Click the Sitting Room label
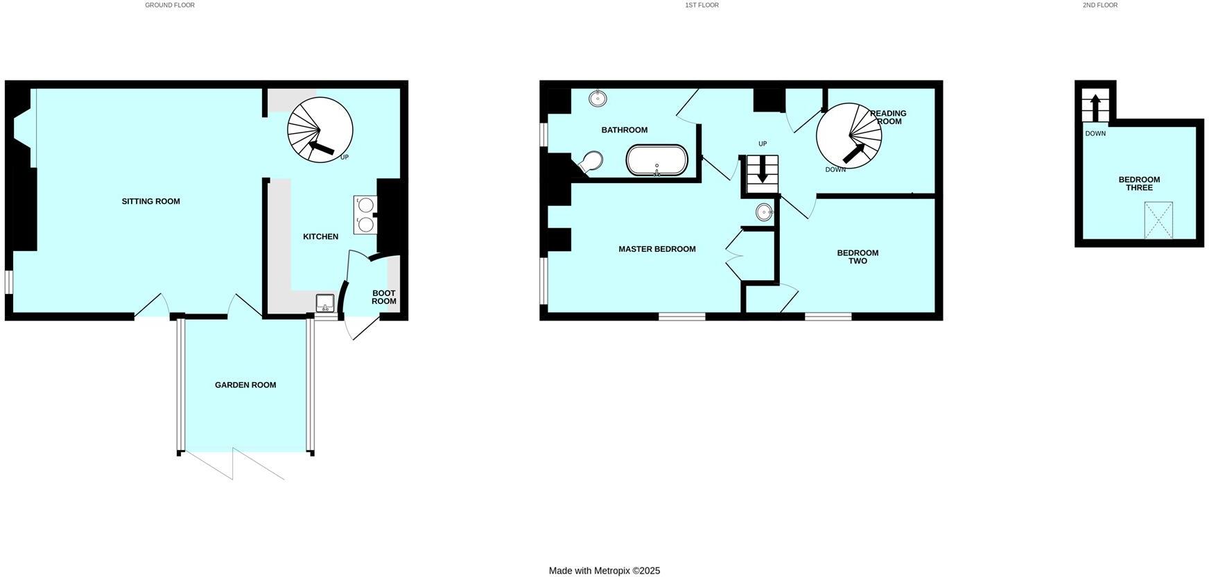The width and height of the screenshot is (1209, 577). point(150,201)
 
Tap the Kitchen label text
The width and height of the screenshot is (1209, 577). point(320,236)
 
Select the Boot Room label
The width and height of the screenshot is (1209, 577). point(383,297)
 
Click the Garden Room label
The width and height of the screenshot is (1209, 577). point(245,385)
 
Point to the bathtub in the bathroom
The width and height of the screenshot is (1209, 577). point(656,160)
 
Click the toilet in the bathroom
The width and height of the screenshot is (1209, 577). point(591,162)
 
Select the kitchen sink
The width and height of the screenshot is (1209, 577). point(325,303)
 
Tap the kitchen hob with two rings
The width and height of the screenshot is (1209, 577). point(365,214)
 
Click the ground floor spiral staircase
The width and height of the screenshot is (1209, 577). point(320,130)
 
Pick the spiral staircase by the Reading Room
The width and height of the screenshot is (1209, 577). point(849,135)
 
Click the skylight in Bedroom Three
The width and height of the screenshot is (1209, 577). point(1158,220)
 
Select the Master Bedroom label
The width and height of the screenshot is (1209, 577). point(656,249)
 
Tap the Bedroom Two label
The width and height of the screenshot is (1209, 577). point(858,257)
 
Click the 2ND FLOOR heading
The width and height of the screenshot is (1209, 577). point(1100,5)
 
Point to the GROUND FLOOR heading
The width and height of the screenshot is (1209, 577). point(170,5)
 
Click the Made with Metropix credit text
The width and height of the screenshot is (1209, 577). point(604,571)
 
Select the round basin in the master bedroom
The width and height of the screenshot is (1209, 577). point(764,212)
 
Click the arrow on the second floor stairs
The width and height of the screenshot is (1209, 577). point(1095,108)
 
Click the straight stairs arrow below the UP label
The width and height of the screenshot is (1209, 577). point(763,171)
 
